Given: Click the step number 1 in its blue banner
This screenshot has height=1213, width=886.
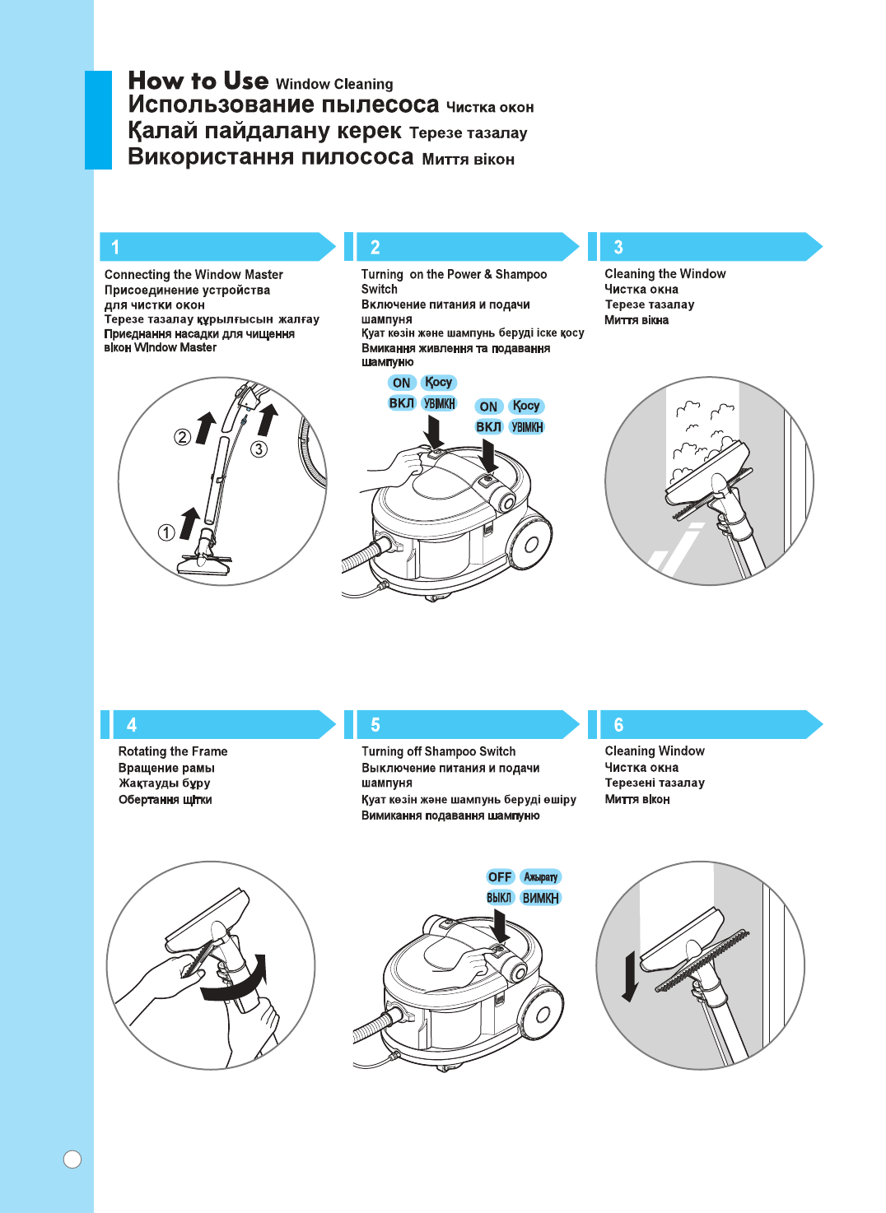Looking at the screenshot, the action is coord(115,247).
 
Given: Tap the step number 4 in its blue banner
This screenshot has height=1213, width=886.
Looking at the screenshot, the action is coord(132,725).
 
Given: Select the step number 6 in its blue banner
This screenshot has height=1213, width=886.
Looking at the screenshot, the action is coord(618,725).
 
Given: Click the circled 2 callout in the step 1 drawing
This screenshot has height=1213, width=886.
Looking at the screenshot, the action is coord(182,437).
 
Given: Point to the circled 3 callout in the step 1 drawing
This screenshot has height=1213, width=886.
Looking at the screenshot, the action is coord(259,448).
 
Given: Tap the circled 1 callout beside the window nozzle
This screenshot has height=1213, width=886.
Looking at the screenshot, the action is coord(166,532).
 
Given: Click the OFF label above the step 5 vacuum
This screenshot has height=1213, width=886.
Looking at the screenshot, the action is coord(500,877).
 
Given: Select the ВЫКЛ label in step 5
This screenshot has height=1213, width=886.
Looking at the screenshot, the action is coord(499,898).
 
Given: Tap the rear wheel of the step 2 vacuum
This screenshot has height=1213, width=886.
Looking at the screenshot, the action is coord(530,543).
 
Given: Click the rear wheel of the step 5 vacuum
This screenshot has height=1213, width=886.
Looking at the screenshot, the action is coord(542,1014).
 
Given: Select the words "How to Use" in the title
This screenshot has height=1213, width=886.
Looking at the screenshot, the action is coord(198,81).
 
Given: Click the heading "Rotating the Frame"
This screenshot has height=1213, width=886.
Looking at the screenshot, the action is coord(173,751).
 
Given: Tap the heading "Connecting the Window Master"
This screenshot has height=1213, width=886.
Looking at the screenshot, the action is coord(194,275).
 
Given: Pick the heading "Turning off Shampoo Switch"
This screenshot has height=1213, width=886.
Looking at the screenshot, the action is coord(438,751).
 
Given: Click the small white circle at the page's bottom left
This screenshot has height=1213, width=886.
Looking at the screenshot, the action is coord(72,1160).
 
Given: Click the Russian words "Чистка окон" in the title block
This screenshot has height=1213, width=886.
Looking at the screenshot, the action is coord(490,108).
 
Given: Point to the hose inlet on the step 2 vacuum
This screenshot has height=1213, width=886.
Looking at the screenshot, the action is coord(384,547).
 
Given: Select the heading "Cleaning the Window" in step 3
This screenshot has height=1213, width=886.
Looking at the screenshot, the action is coord(665,274).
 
